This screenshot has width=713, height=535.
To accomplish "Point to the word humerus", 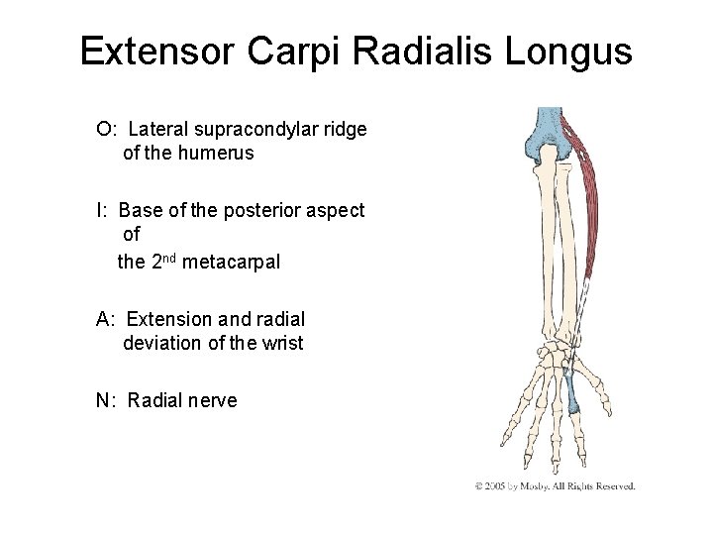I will tap(219, 153).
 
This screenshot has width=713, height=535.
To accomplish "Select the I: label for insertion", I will tap(102, 210).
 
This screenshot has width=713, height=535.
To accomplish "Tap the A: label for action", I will tap(107, 319).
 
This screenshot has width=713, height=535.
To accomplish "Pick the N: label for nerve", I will tap(107, 400).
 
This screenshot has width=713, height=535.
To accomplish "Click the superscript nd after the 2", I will tap(172, 258).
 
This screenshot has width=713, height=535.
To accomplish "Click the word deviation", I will tap(160, 344).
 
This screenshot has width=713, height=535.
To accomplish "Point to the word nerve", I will tap(212, 400).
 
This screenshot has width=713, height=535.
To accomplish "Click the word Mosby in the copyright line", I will tap(543, 486).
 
